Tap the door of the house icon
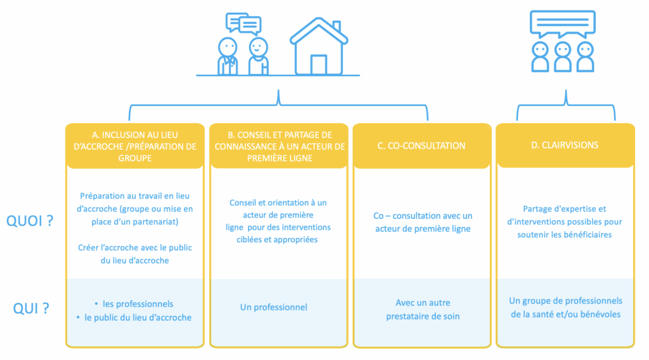pos(319,65)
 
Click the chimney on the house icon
pos(336,27)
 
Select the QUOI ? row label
pos(29,221)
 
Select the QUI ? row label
pos(32,309)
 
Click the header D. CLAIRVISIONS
pos(565,145)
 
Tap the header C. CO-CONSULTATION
pos(421,146)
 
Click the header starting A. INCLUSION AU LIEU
pos(135,146)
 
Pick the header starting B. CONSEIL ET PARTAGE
pos(279,146)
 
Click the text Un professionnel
pos(274,307)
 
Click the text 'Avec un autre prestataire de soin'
pos(422,309)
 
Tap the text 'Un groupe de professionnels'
pos(565,301)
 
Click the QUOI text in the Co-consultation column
pos(422,222)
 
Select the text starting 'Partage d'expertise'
pos(565,222)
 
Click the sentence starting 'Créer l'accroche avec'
pos(135,254)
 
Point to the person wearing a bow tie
pos(227,57)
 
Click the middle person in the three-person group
pos(562,56)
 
